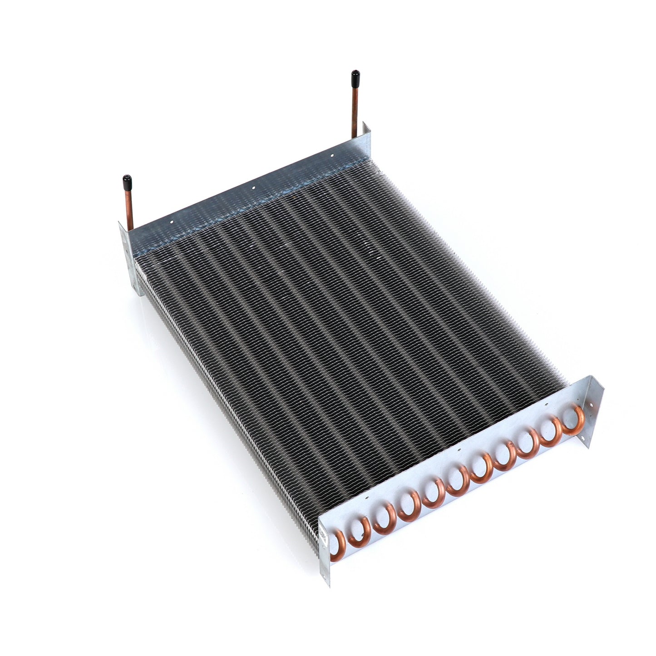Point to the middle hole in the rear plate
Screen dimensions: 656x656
254,186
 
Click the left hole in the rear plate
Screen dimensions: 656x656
172,222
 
